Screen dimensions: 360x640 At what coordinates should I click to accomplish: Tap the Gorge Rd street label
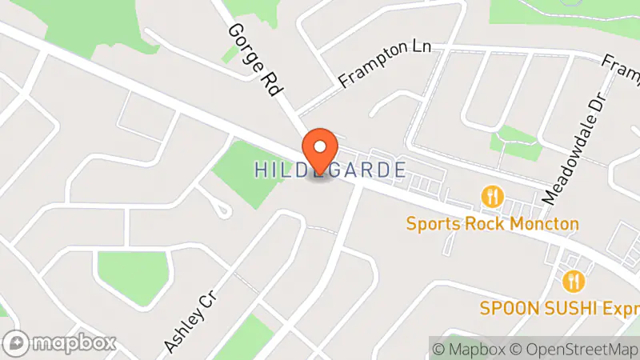[253, 60]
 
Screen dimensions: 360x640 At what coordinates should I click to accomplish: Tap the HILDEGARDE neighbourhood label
[330, 170]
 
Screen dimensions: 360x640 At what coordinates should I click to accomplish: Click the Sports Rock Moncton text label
[492, 223]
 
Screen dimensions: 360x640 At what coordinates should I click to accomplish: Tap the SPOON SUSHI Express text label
[559, 308]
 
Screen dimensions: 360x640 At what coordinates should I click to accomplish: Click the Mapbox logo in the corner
[61, 343]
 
